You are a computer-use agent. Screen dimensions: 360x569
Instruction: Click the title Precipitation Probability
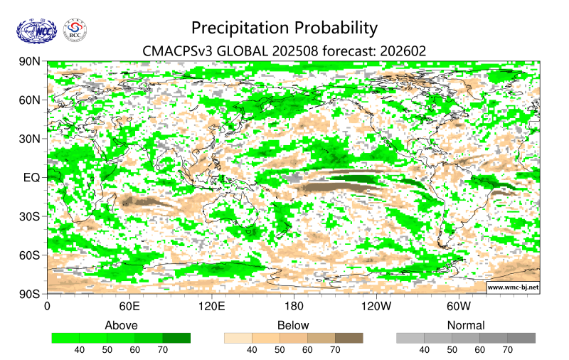284,28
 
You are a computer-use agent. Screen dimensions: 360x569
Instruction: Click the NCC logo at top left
35,30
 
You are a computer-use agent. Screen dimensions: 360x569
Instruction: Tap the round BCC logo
75,30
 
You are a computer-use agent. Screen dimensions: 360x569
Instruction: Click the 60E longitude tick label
129,307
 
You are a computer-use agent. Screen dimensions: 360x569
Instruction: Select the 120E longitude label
211,307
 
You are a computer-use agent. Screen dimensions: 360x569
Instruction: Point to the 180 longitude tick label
294,307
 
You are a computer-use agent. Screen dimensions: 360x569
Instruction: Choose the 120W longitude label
376,307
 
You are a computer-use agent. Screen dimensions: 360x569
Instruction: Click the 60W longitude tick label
459,307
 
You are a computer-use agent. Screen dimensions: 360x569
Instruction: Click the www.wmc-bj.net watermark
512,287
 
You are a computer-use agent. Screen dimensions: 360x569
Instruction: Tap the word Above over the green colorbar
121,326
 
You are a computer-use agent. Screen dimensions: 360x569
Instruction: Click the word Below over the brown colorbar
293,326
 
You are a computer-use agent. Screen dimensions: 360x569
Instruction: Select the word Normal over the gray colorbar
466,326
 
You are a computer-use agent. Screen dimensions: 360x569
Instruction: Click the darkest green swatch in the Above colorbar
176,338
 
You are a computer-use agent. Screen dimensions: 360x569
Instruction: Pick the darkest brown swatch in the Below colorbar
349,338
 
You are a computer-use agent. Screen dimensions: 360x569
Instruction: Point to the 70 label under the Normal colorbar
507,350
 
